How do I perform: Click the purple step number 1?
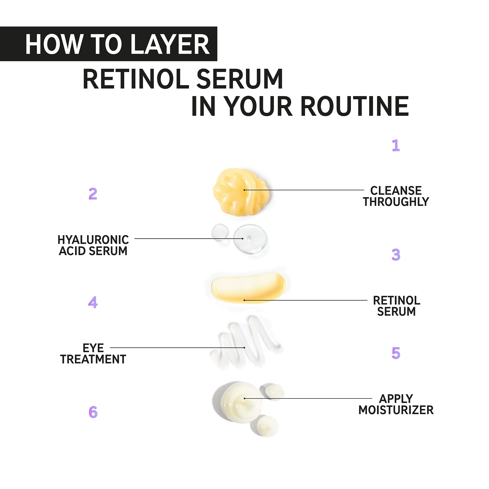point(396,145)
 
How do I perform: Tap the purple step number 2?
point(93,194)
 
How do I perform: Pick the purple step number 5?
point(396,353)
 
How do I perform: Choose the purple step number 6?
point(93,412)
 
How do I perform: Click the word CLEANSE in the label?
point(396,191)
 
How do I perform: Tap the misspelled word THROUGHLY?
point(396,202)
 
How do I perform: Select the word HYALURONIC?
point(93,240)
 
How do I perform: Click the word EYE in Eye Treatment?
point(93,348)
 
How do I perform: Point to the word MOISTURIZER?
point(396,410)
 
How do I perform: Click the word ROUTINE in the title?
point(355,106)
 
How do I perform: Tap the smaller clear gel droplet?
point(220,232)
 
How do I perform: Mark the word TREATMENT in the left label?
point(93,359)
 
